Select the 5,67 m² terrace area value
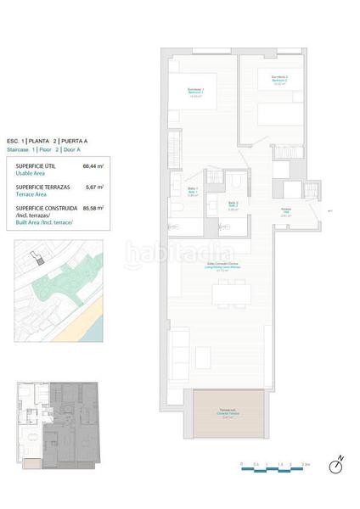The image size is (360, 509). pos(93,187)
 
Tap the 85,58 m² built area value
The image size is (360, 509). pos(93,208)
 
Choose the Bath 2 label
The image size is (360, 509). pos(233,204)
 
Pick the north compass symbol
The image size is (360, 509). pos(337,463)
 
